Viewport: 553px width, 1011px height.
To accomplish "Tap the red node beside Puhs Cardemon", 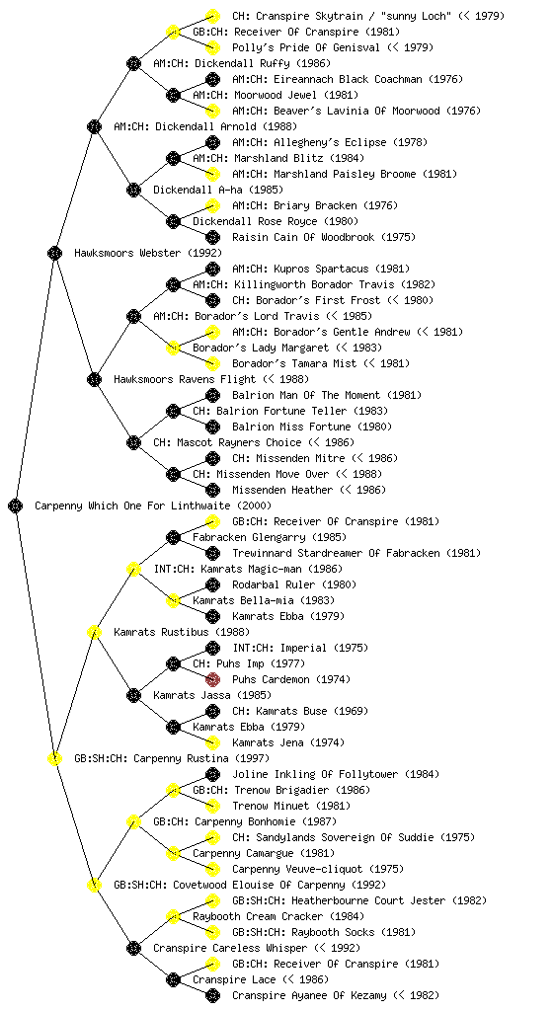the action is pos(212,679).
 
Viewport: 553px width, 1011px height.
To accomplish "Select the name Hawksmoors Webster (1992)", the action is pos(148,253).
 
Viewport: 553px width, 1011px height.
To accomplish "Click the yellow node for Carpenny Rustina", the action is pos(54,758).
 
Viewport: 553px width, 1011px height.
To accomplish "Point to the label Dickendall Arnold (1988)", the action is pos(205,126).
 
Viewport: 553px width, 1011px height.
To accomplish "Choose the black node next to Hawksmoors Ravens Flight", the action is pos(94,379).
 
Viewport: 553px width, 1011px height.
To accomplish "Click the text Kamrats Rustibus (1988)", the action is pos(182,632).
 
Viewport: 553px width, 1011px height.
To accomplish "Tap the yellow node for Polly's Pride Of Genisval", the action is pos(212,47).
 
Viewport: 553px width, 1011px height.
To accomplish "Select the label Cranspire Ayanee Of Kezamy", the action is pos(310,995).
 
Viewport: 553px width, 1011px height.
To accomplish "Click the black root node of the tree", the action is pos(16,505).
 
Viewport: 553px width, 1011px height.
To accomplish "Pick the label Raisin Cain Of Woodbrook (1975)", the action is pos(324,237).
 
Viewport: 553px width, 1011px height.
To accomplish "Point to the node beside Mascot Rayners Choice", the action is pos(133,442).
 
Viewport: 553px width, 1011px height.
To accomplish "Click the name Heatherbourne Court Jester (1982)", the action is pos(389,900).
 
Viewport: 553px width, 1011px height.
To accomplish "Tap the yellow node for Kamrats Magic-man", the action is pos(133,569).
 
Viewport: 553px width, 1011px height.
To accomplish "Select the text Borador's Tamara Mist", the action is pos(294,363).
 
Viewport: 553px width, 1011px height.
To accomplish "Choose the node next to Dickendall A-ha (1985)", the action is pos(133,190).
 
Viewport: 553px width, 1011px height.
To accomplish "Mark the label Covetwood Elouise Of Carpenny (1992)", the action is pos(279,885).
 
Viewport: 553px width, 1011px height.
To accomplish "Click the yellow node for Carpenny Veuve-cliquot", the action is pos(212,869).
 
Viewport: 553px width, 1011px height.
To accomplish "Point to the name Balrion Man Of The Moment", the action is pos(304,395).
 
